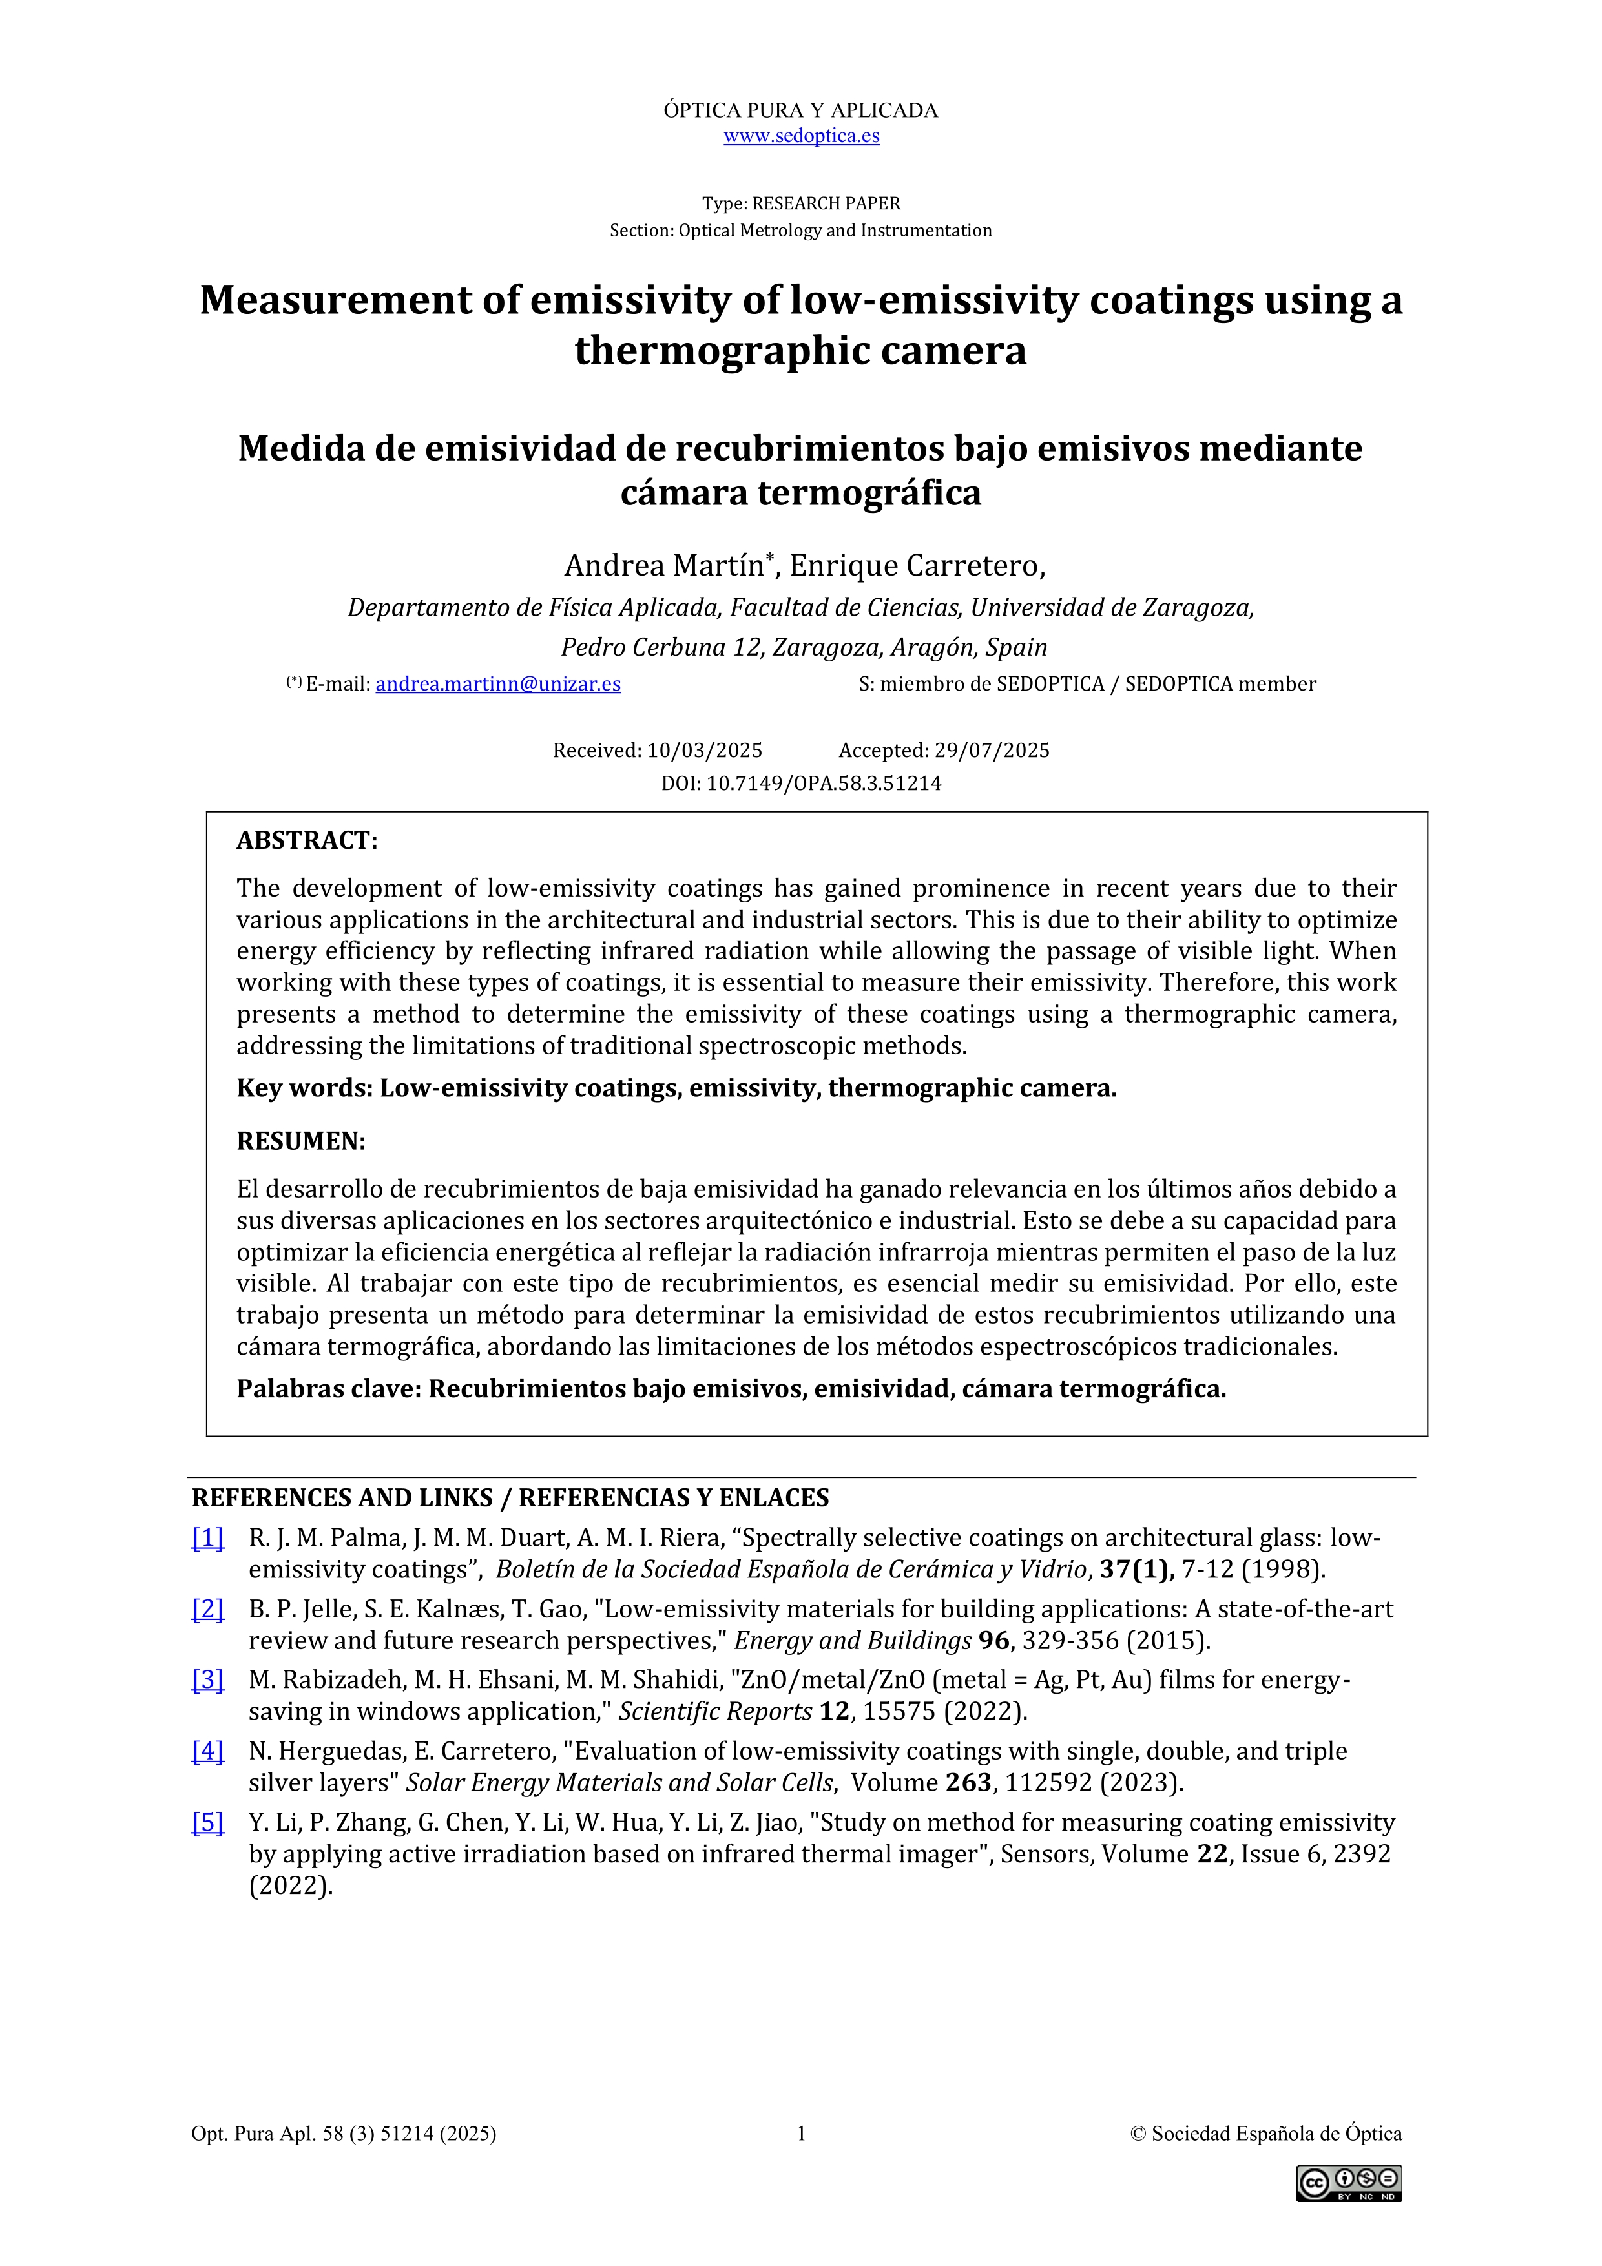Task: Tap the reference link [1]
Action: pos(207,1537)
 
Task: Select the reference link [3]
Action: pos(207,1679)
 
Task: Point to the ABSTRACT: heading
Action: pos(307,841)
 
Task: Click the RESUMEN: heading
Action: pos(301,1142)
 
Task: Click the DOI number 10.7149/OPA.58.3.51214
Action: pos(823,784)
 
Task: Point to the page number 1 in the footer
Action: pos(802,2134)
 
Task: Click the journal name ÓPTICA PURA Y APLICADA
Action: pos(800,110)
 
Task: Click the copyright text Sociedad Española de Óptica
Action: pos(1276,2134)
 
